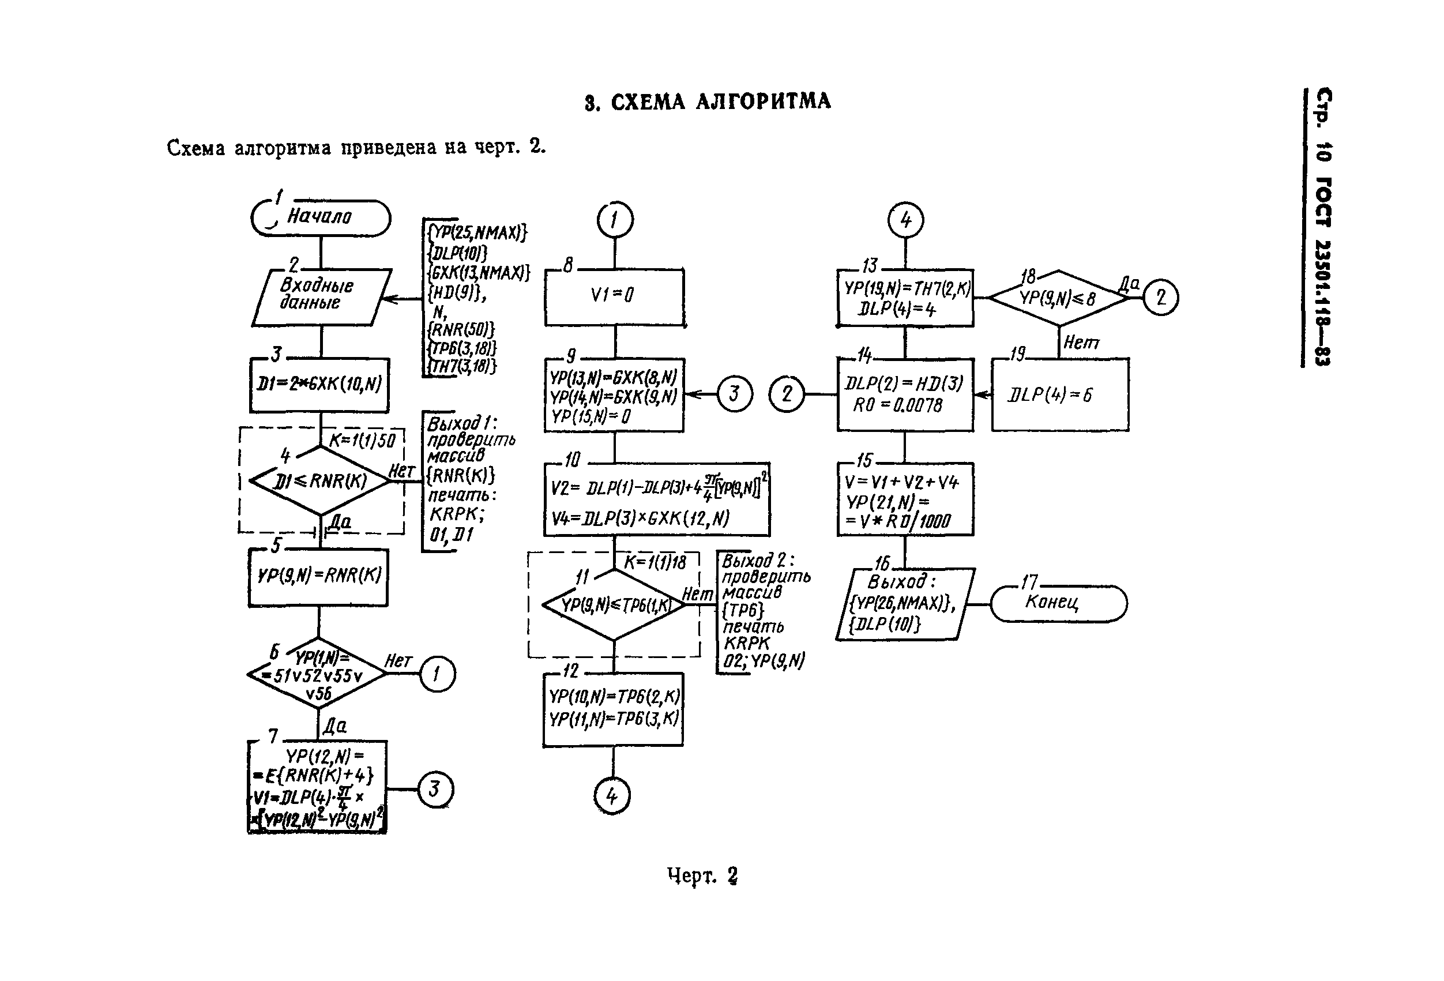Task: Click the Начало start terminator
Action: (321, 218)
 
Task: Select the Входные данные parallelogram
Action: (321, 297)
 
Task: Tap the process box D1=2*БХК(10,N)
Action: (319, 385)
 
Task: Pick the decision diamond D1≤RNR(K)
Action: (320, 481)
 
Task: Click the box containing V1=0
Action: (614, 297)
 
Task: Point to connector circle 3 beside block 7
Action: (434, 789)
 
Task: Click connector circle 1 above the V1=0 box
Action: (615, 220)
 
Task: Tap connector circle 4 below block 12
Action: (612, 796)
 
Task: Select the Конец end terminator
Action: (1058, 603)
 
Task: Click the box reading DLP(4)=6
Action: (1060, 394)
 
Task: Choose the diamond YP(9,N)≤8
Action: (1058, 298)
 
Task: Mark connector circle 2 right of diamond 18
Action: (1160, 298)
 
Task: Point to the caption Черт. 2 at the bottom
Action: (702, 875)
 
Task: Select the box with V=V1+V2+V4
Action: (905, 499)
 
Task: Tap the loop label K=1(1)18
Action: (655, 562)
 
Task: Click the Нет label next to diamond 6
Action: (398, 660)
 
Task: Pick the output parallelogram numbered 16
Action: (905, 604)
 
